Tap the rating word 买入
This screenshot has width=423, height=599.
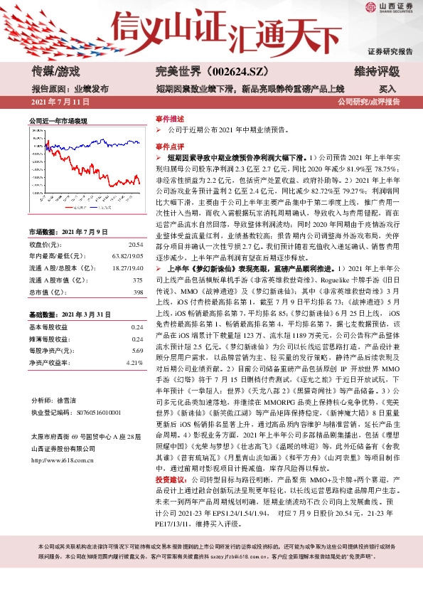(x=387, y=90)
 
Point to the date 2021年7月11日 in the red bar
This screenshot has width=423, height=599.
(x=60, y=102)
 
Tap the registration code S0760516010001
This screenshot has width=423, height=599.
(x=90, y=412)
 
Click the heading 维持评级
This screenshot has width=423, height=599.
(x=376, y=71)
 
